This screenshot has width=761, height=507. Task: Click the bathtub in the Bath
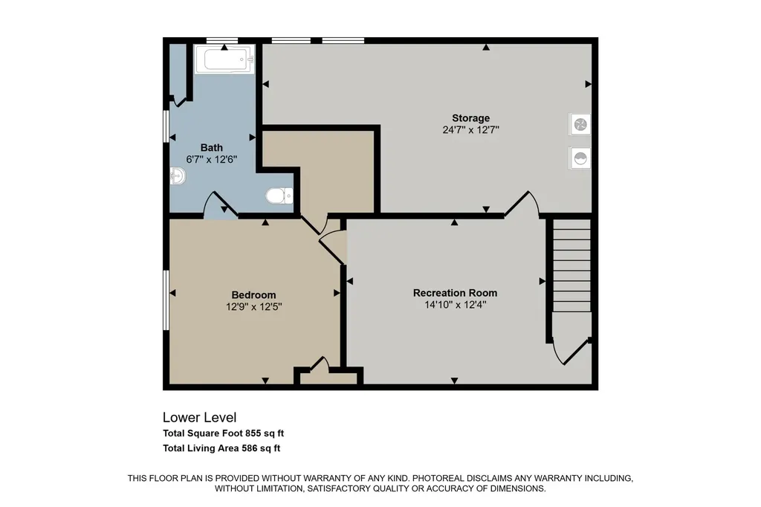[x=224, y=59]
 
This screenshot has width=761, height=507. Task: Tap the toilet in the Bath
[x=279, y=196]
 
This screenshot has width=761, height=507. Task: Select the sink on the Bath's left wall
[x=178, y=175]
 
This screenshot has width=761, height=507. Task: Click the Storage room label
[x=470, y=118]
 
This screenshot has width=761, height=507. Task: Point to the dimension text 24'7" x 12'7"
[x=470, y=129]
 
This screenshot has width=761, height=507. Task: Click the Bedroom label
[x=253, y=295]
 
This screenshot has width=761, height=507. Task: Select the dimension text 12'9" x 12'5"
[x=254, y=307]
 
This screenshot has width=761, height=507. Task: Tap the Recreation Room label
[x=456, y=293]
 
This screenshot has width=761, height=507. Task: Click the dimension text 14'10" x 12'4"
[x=456, y=305]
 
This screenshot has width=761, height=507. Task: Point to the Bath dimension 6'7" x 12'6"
[x=212, y=159]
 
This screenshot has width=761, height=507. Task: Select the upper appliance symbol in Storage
[x=580, y=125]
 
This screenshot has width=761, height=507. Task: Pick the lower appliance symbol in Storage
[x=580, y=158]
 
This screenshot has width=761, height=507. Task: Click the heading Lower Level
[x=199, y=417]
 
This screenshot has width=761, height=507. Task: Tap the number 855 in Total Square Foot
[x=253, y=433]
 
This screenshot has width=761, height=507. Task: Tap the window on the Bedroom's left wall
[x=166, y=300]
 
